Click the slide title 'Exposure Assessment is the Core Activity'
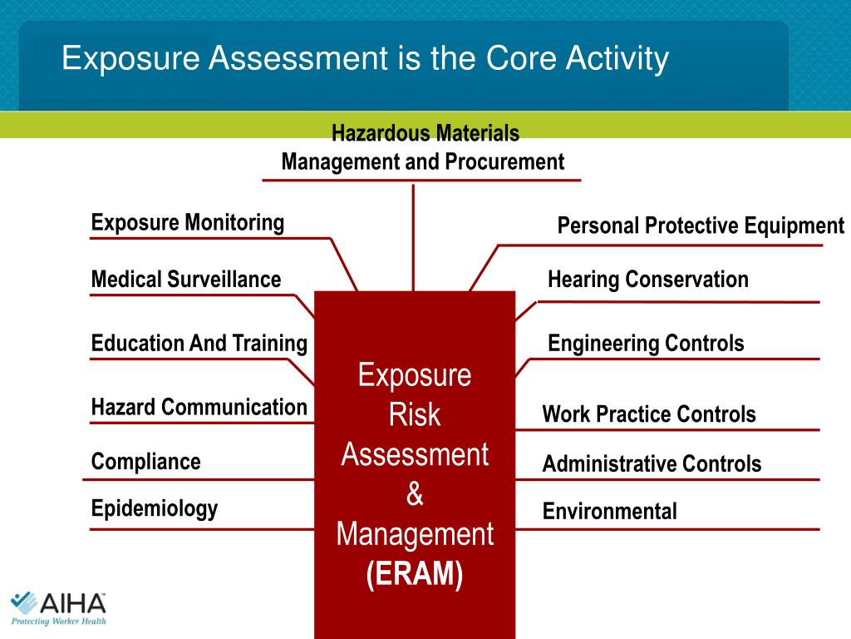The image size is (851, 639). (365, 59)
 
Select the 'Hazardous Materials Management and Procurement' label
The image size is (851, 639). (423, 147)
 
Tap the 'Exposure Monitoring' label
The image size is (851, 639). (188, 223)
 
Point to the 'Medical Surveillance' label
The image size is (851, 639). (186, 280)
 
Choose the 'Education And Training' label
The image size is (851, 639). (199, 343)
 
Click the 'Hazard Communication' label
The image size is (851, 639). (199, 407)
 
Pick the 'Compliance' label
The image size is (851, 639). (146, 461)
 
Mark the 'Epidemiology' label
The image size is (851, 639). (155, 508)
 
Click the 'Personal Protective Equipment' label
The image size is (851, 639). (701, 225)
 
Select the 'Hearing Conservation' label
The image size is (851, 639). (648, 280)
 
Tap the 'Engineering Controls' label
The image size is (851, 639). (646, 343)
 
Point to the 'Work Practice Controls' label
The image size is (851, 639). (649, 414)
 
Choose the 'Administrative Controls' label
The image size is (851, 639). (652, 463)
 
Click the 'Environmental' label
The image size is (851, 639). (610, 511)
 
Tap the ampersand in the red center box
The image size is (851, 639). (415, 494)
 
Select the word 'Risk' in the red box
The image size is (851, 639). (415, 414)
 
